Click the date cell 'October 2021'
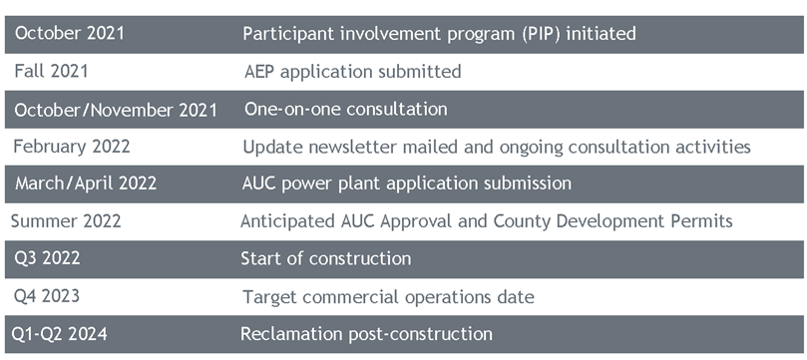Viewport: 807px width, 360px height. [x=70, y=33]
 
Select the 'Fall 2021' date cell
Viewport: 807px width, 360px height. [x=52, y=71]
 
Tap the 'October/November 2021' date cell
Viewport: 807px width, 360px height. [x=116, y=110]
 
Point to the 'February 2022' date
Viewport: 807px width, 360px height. [x=72, y=147]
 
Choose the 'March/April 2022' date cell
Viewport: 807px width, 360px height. [x=86, y=183]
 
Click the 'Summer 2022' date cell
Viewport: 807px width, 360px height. [x=66, y=221]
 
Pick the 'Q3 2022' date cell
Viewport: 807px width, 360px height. [x=47, y=258]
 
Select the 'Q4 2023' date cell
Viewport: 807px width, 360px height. [x=47, y=296]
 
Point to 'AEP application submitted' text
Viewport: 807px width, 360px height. [x=352, y=71]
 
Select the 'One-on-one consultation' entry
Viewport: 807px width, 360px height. [x=345, y=109]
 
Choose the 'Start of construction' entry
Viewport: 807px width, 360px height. [x=325, y=258]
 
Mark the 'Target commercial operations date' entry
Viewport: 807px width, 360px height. [x=388, y=296]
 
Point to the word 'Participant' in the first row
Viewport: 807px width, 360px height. [x=287, y=34]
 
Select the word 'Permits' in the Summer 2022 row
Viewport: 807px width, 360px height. [x=699, y=221]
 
